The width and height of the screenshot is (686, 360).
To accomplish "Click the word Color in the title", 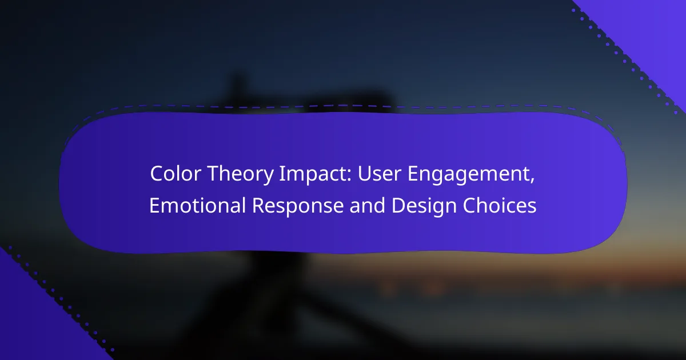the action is pos(176,174).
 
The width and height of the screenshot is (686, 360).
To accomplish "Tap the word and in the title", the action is pos(367,205).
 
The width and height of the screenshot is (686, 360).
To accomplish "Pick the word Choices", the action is pos(500,205).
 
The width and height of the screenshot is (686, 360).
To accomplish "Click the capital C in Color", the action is pos(156,174).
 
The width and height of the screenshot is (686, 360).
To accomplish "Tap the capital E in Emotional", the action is pos(154,205).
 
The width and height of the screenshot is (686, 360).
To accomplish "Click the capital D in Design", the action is pos(398,205).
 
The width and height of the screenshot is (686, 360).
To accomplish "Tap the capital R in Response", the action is pos(258,205).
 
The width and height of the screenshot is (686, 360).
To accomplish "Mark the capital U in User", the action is pos(365,174).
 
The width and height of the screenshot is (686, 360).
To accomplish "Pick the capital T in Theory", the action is pos(214,174).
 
